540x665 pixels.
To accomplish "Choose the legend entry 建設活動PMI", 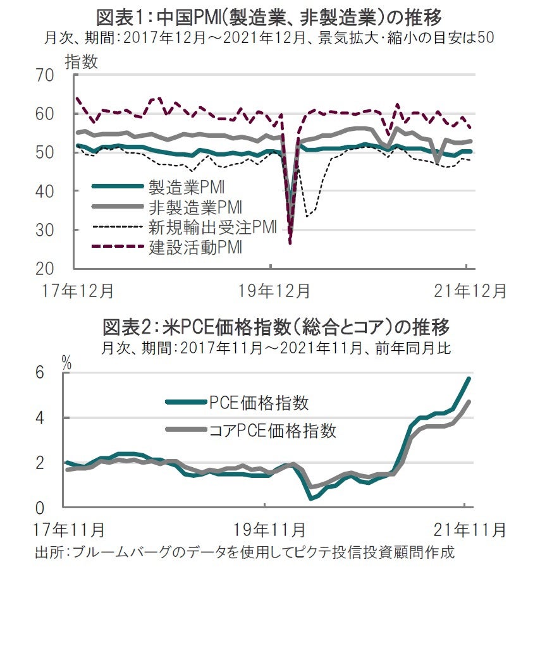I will point(197,247).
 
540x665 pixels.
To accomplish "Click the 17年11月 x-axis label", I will point(70,529).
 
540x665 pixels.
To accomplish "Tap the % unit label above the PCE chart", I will point(66,362).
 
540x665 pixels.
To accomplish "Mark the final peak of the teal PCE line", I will point(469,378).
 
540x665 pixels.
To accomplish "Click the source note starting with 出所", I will point(244,552).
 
